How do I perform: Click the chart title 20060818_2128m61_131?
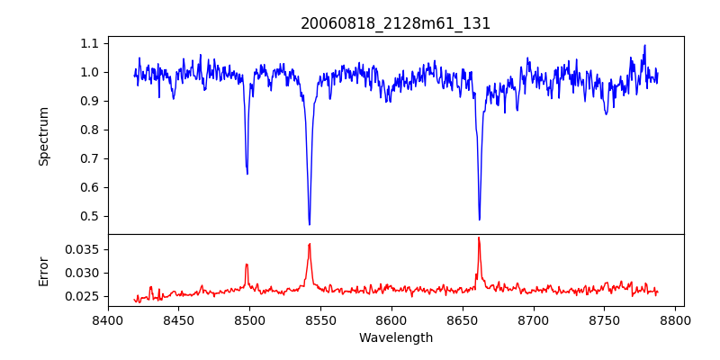tap(395, 23)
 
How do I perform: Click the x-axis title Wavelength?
tap(395, 337)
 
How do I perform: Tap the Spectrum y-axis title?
tap(43, 136)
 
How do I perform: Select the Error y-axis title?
tap(43, 271)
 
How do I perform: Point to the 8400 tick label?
tap(108, 319)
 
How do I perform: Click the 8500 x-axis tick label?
tap(249, 319)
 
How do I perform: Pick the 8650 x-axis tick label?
tap(463, 319)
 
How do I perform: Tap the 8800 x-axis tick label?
tap(675, 319)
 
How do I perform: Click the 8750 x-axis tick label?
tap(605, 319)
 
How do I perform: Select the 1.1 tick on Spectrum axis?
tap(90, 43)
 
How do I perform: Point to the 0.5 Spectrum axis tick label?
tap(90, 216)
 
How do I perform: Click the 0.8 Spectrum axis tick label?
tap(90, 130)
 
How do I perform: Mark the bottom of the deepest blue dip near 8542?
tap(309, 224)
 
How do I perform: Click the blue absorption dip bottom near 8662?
tap(479, 219)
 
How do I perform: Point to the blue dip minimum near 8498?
tap(247, 173)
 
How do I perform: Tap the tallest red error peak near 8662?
tap(479, 238)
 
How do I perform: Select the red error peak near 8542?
tap(309, 244)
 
